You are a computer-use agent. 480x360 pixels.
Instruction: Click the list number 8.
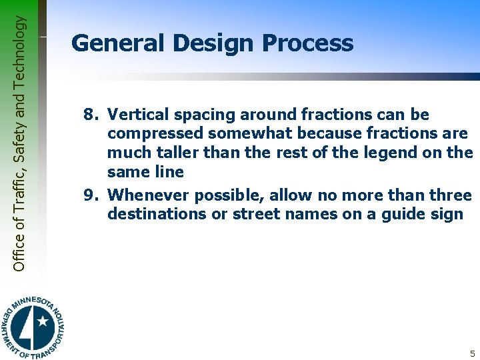pyautogui.click(x=91, y=115)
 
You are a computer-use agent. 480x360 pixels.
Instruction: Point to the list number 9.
pyautogui.click(x=91, y=195)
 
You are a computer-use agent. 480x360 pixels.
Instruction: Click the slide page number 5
pyautogui.click(x=472, y=354)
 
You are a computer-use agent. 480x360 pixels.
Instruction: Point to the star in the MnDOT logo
pyautogui.click(x=43, y=321)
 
